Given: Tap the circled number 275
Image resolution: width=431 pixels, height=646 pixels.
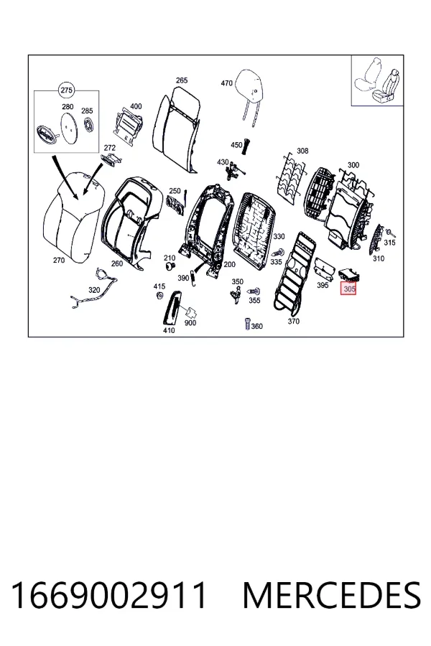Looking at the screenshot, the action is (x=66, y=90).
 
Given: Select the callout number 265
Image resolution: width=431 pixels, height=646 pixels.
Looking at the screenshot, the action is (x=182, y=80).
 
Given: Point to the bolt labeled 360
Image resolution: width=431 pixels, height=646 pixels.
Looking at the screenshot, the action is (x=247, y=324).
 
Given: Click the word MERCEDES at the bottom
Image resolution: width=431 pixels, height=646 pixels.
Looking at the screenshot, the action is (x=332, y=595).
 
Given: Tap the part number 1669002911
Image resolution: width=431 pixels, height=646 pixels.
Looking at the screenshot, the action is (x=109, y=595).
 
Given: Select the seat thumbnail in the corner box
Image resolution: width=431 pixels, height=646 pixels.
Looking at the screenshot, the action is (x=377, y=81).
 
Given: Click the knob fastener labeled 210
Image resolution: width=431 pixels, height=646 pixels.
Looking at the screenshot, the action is (x=170, y=266).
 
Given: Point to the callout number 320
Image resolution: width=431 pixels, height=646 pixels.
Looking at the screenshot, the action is (x=94, y=290).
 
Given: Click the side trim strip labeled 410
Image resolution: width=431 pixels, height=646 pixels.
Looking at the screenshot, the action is (x=173, y=308).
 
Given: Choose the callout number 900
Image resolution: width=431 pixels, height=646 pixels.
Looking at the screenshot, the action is (x=190, y=323).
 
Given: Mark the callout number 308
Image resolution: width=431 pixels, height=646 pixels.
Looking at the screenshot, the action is (x=302, y=151).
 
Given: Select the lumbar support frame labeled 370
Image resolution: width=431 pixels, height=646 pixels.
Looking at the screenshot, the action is (x=295, y=272).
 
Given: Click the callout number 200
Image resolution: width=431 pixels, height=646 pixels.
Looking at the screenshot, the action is (x=229, y=264).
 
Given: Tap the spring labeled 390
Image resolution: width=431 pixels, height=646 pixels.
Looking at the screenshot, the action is (x=196, y=273).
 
